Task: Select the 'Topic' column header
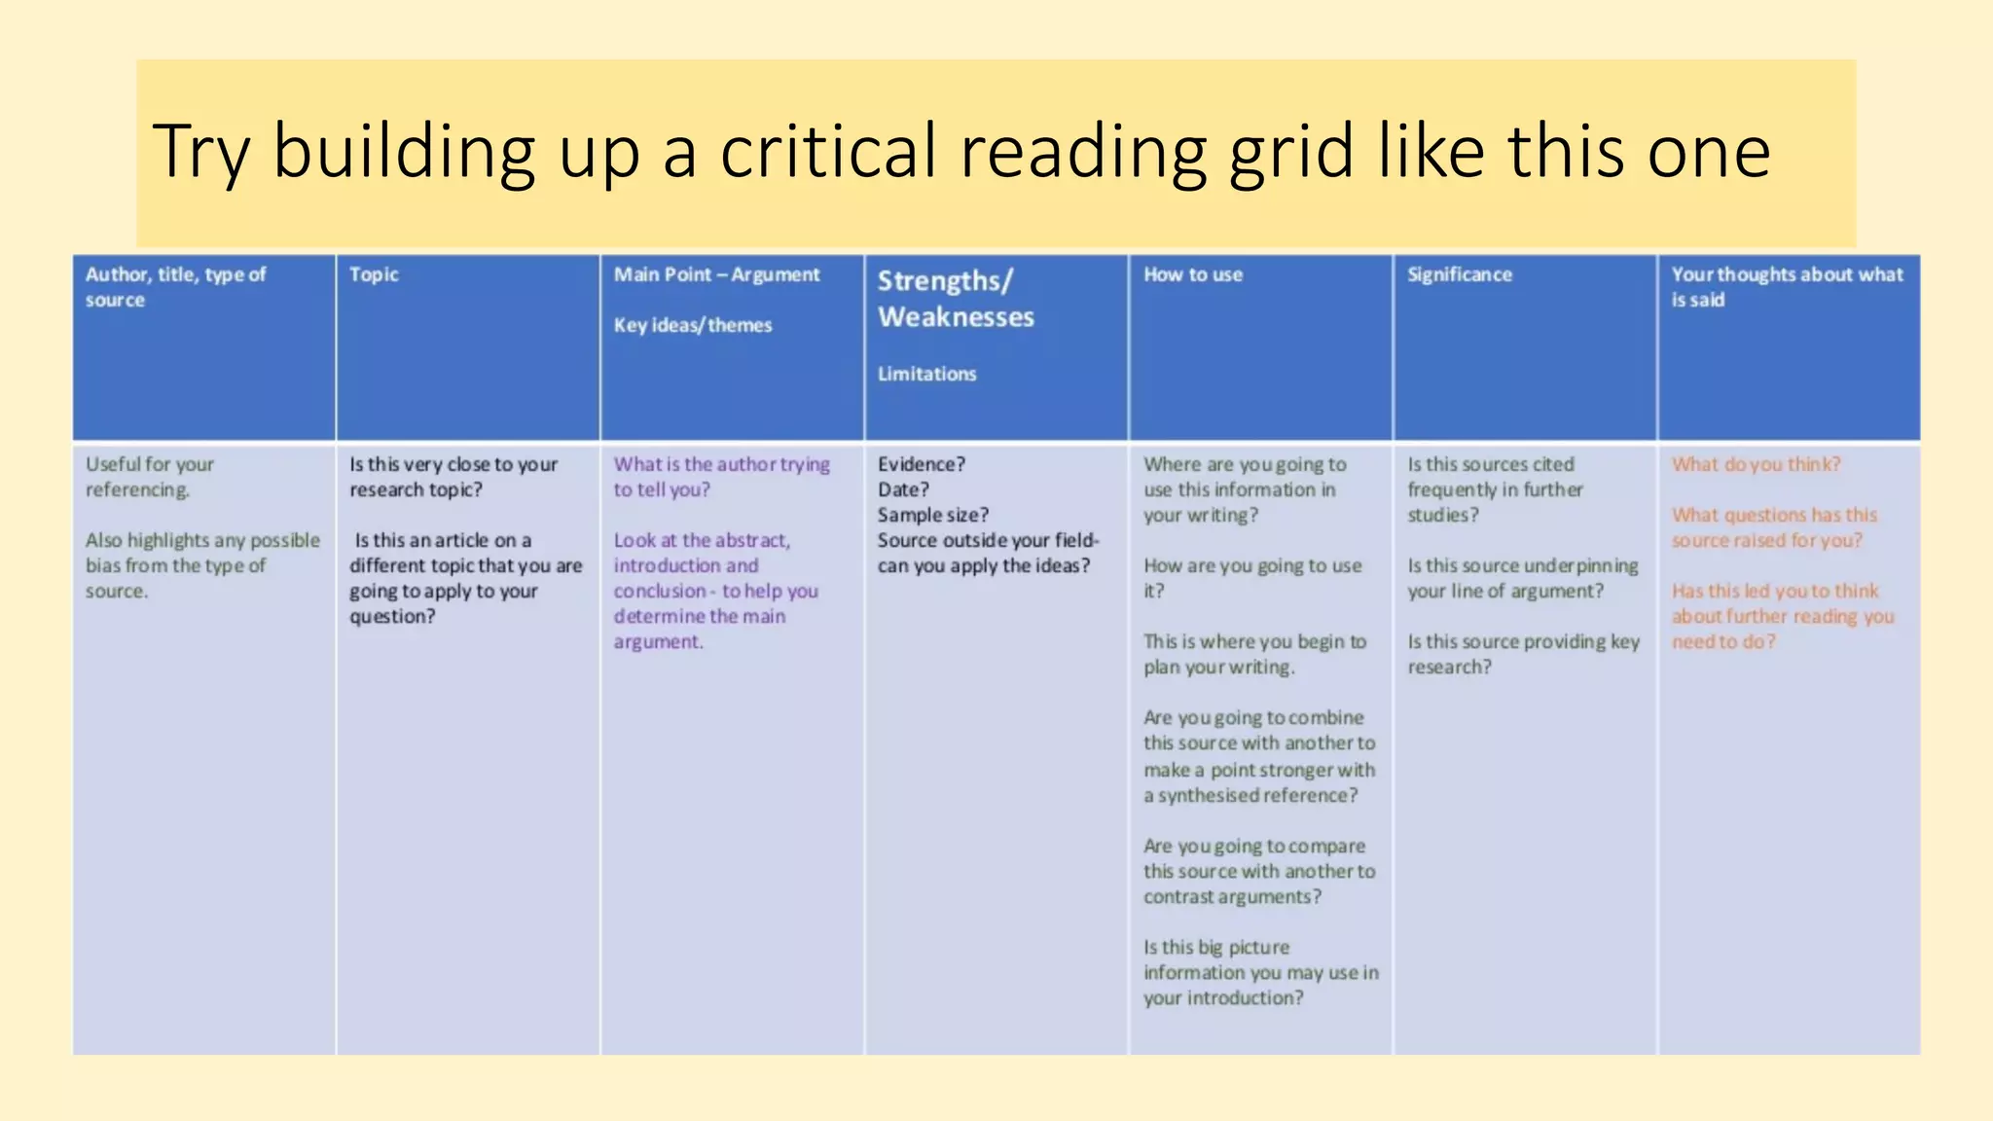374,274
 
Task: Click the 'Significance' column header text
1460,274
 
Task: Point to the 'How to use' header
1193,274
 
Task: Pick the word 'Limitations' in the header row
926,374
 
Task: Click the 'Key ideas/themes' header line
693,325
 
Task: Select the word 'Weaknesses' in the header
956,317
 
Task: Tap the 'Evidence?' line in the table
921,464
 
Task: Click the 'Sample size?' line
932,515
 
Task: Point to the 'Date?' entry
903,489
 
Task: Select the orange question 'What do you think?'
1757,464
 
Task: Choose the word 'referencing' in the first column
137,489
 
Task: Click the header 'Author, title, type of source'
175,286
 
